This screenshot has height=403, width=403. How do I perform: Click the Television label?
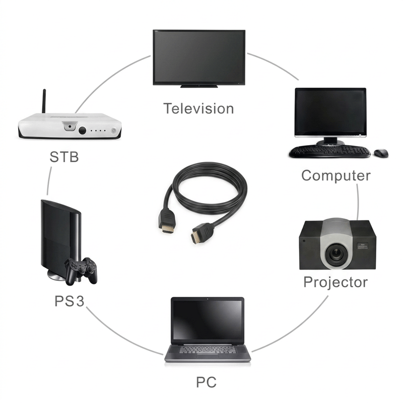(198, 108)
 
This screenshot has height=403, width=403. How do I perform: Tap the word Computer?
(335, 175)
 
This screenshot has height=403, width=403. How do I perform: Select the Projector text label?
(335, 282)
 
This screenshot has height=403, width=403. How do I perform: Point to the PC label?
(206, 382)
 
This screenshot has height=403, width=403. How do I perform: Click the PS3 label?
(69, 301)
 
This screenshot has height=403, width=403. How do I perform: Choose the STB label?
(64, 157)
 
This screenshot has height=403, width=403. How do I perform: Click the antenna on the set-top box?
(44, 101)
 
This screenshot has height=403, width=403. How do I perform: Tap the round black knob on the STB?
(82, 130)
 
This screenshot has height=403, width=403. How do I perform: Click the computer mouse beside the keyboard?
(381, 153)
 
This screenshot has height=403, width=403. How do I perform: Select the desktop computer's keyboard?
(330, 152)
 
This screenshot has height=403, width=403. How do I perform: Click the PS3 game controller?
(81, 271)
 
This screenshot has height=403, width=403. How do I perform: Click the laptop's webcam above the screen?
(208, 299)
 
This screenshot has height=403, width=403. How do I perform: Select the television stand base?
(199, 86)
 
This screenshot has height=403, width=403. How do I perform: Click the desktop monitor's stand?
(330, 142)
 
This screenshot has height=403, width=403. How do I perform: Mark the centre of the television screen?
(198, 57)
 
